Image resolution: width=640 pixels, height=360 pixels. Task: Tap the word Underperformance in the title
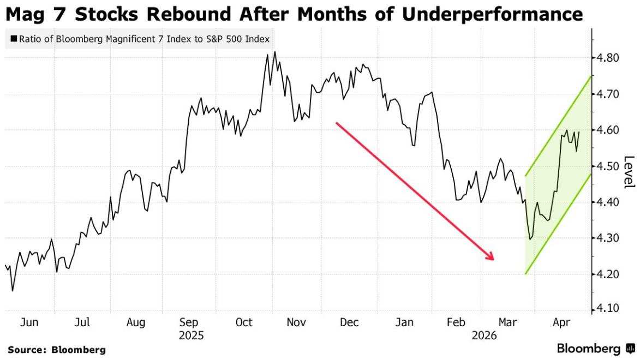click(492, 15)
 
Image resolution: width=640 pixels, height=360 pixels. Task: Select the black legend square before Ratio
click(14, 39)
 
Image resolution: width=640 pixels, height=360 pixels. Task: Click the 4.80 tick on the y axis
click(607, 58)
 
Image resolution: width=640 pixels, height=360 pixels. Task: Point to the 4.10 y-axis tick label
click(607, 308)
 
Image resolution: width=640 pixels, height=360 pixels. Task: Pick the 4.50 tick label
click(607, 166)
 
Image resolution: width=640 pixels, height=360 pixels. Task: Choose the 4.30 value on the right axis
click(607, 238)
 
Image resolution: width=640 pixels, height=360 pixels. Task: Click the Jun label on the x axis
click(29, 322)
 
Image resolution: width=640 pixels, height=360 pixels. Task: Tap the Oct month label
click(244, 322)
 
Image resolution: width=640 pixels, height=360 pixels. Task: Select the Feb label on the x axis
click(456, 322)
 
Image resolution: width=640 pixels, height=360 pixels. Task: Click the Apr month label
click(561, 323)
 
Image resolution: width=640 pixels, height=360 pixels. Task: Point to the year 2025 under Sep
click(191, 336)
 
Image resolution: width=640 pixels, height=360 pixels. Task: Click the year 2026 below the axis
click(484, 336)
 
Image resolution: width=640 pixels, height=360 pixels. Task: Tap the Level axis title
click(630, 172)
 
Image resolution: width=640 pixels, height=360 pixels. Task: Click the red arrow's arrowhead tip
click(494, 260)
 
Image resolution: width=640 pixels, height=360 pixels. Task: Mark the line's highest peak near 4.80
click(274, 52)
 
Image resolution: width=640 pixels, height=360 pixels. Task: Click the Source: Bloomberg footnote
click(56, 350)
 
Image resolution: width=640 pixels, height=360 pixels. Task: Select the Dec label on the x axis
click(349, 322)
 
